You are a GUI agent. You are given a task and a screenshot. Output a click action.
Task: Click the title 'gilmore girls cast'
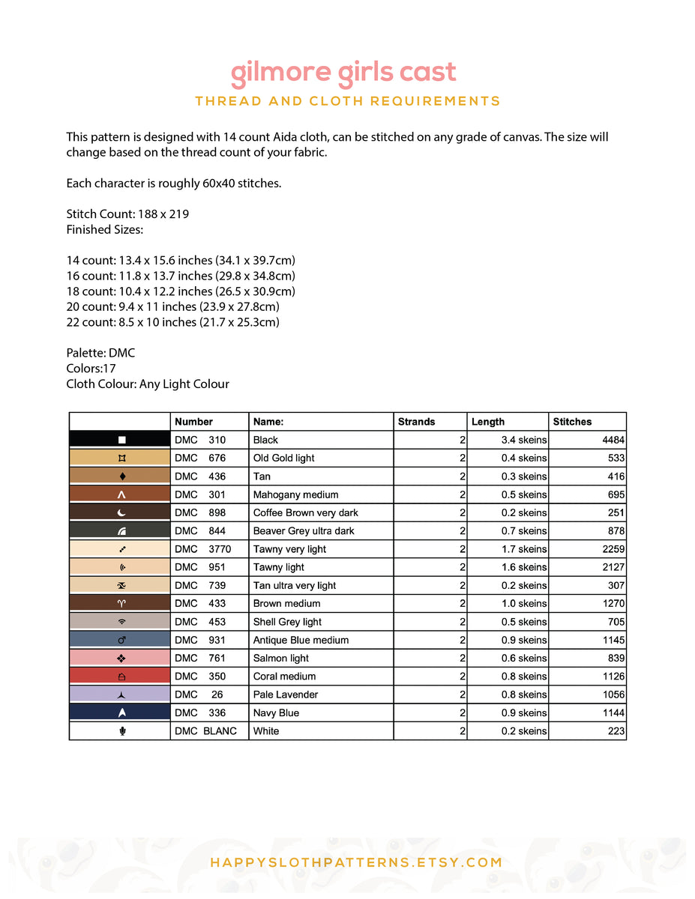(343, 73)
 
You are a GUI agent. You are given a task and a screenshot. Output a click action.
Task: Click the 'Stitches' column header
(572, 422)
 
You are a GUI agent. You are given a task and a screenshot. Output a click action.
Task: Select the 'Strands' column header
(416, 422)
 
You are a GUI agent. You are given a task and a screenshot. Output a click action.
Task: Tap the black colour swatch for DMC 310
(120, 440)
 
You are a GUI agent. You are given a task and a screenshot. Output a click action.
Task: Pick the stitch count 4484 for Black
(613, 440)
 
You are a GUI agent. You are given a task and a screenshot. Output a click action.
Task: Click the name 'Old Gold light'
(283, 458)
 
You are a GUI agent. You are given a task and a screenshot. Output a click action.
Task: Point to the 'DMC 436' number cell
(200, 476)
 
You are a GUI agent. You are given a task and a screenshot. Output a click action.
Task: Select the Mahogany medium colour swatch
(120, 494)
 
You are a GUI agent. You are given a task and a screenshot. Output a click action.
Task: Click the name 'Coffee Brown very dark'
(305, 512)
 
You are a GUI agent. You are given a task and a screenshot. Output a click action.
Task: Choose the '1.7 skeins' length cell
(523, 549)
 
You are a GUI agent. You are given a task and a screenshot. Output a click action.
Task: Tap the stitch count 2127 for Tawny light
(613, 567)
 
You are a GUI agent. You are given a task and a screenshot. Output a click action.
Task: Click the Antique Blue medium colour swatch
(120, 640)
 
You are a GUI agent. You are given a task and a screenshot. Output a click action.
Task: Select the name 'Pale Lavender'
(285, 694)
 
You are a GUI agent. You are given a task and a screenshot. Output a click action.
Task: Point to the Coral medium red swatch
(120, 676)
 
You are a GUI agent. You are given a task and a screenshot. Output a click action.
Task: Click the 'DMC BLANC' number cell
(205, 731)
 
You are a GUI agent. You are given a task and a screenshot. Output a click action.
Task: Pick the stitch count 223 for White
(616, 731)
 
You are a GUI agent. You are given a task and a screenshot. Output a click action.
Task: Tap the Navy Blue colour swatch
(120, 712)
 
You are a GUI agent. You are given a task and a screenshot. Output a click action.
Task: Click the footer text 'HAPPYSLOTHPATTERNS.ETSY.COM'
(356, 862)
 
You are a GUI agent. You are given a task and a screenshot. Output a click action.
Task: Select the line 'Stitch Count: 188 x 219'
(127, 214)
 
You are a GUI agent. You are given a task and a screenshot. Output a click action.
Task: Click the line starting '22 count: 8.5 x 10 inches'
(172, 322)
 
